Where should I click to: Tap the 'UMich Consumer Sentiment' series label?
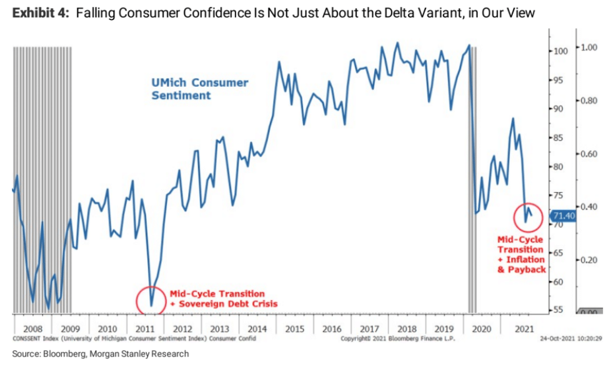tap(199, 89)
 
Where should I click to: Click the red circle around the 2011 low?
tap(152, 301)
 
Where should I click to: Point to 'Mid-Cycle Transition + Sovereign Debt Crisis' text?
tap(223, 298)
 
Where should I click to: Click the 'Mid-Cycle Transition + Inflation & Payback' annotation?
tap(521, 254)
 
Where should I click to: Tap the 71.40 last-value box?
tap(563, 216)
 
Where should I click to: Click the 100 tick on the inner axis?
tap(560, 51)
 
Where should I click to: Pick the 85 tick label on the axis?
tap(559, 138)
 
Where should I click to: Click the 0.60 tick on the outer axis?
tap(589, 153)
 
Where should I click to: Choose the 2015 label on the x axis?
tap(294, 328)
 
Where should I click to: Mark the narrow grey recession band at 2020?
tap(473, 178)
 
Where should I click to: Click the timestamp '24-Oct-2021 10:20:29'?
tap(575, 338)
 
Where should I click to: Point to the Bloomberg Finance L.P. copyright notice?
tap(397, 338)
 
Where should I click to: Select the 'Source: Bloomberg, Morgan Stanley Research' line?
tap(100, 353)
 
